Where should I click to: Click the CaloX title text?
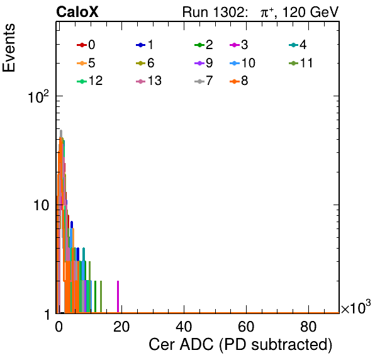pos(77,12)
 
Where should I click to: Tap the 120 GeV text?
pos(310,12)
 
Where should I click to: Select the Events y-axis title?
pos(9,48)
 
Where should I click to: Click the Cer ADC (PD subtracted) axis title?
pos(240,344)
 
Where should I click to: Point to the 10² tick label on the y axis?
pos(38,97)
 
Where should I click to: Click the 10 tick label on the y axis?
pos(41,205)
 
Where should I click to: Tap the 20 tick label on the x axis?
pos(121,327)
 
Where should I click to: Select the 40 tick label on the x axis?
pos(184,327)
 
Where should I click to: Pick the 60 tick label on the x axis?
pos(246,327)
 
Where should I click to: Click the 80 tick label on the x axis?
pos(308,327)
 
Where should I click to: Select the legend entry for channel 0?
pos(86,45)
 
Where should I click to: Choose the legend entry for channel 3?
pos(238,45)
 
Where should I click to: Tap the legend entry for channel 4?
pos(298,45)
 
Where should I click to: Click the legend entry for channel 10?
pos(242,63)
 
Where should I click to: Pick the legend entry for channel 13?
pos(148,81)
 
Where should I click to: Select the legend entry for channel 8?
pos(238,81)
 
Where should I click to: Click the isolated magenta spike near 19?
pos(118,296)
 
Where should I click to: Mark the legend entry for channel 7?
pos(203,81)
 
